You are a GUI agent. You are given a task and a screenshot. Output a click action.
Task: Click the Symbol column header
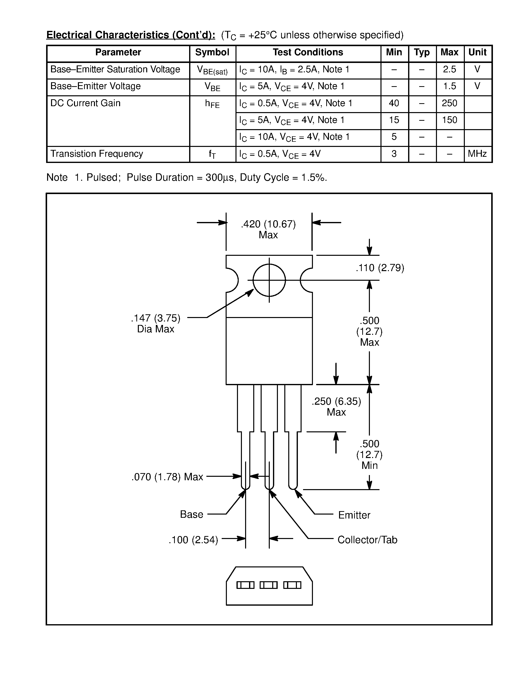point(212,53)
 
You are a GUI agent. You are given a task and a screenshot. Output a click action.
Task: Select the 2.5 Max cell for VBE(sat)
point(449,69)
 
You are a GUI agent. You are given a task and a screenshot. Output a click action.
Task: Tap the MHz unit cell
point(477,154)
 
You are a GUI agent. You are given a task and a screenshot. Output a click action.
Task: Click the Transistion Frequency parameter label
point(97,154)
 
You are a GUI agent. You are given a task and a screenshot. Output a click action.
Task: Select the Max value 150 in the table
point(449,120)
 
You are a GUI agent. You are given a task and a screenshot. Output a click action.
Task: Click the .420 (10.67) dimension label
point(268,224)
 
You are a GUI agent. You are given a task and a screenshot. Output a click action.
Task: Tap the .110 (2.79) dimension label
point(380,268)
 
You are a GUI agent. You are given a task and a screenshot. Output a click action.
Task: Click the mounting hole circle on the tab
point(269,280)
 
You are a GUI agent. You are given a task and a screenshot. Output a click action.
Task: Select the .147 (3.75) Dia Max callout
point(156,323)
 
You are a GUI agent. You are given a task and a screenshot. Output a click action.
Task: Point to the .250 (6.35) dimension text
point(336,402)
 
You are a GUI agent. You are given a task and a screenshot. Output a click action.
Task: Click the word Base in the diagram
point(192,515)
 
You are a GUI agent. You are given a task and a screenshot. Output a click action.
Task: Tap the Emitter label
point(354,515)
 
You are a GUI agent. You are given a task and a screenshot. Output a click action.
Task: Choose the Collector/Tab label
point(367,540)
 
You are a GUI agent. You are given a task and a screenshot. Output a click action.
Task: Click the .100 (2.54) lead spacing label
point(193,540)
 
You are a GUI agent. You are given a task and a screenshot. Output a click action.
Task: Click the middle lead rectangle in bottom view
point(268,585)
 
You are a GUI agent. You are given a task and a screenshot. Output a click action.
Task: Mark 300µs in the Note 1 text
point(219,178)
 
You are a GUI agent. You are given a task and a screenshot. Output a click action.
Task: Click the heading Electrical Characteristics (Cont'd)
point(131,35)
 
